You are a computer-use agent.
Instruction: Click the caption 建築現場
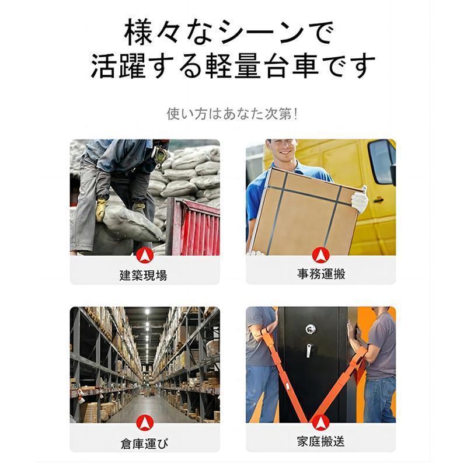[x=143, y=275]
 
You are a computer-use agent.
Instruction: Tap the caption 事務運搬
[x=321, y=274]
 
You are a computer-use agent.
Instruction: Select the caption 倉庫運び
[x=144, y=444]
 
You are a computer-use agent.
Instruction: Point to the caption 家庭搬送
[x=320, y=441]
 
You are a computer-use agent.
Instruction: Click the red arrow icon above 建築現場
[x=145, y=256]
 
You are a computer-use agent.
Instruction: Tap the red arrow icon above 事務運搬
[x=320, y=255]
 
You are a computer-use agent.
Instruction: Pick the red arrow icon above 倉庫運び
[x=145, y=423]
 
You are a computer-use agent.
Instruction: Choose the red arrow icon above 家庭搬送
[x=320, y=423]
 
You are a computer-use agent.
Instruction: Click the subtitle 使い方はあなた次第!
[x=232, y=114]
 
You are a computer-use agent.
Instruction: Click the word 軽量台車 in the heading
[x=262, y=66]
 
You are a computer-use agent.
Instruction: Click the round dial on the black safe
[x=311, y=329]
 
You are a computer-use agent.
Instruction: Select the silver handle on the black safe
[x=309, y=351]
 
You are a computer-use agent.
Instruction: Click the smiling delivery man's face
[x=284, y=149]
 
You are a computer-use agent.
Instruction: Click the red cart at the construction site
[x=194, y=226]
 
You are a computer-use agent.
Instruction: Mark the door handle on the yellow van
[x=378, y=200]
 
